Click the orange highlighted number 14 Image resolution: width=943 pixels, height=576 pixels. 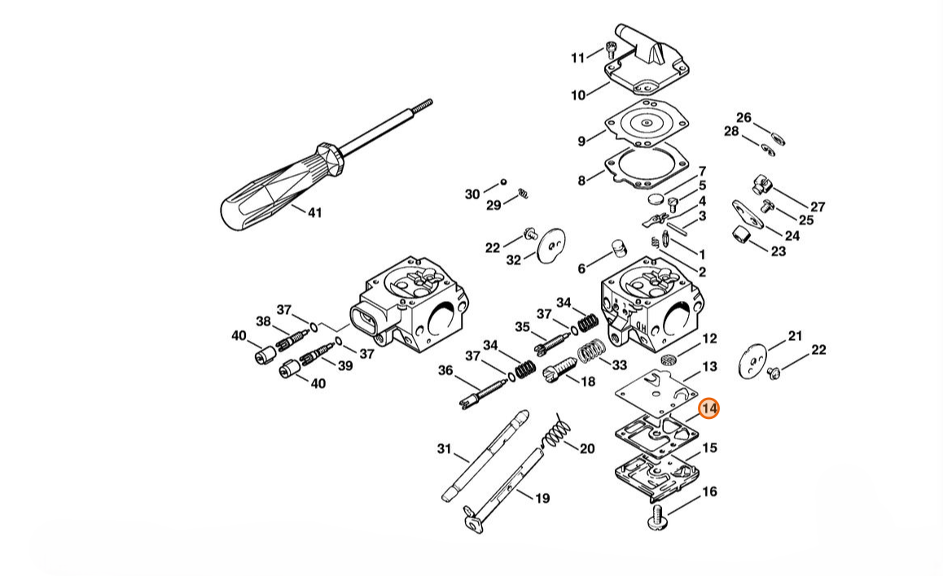[x=709, y=408]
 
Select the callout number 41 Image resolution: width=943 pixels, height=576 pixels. [x=315, y=212]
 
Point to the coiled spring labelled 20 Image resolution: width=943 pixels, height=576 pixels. [x=557, y=430]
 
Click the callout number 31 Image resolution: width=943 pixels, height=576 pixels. [x=444, y=448]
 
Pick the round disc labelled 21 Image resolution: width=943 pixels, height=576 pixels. [x=753, y=361]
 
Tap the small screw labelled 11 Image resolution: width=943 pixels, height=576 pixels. [x=612, y=50]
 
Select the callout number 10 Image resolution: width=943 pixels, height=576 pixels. [x=578, y=95]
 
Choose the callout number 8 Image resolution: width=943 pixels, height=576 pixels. [x=581, y=180]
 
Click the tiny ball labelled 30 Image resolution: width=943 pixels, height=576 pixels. [x=503, y=181]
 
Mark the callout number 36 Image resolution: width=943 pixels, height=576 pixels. [x=445, y=371]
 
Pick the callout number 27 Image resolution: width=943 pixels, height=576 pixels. [x=818, y=207]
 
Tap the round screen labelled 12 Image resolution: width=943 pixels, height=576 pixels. [x=669, y=360]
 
